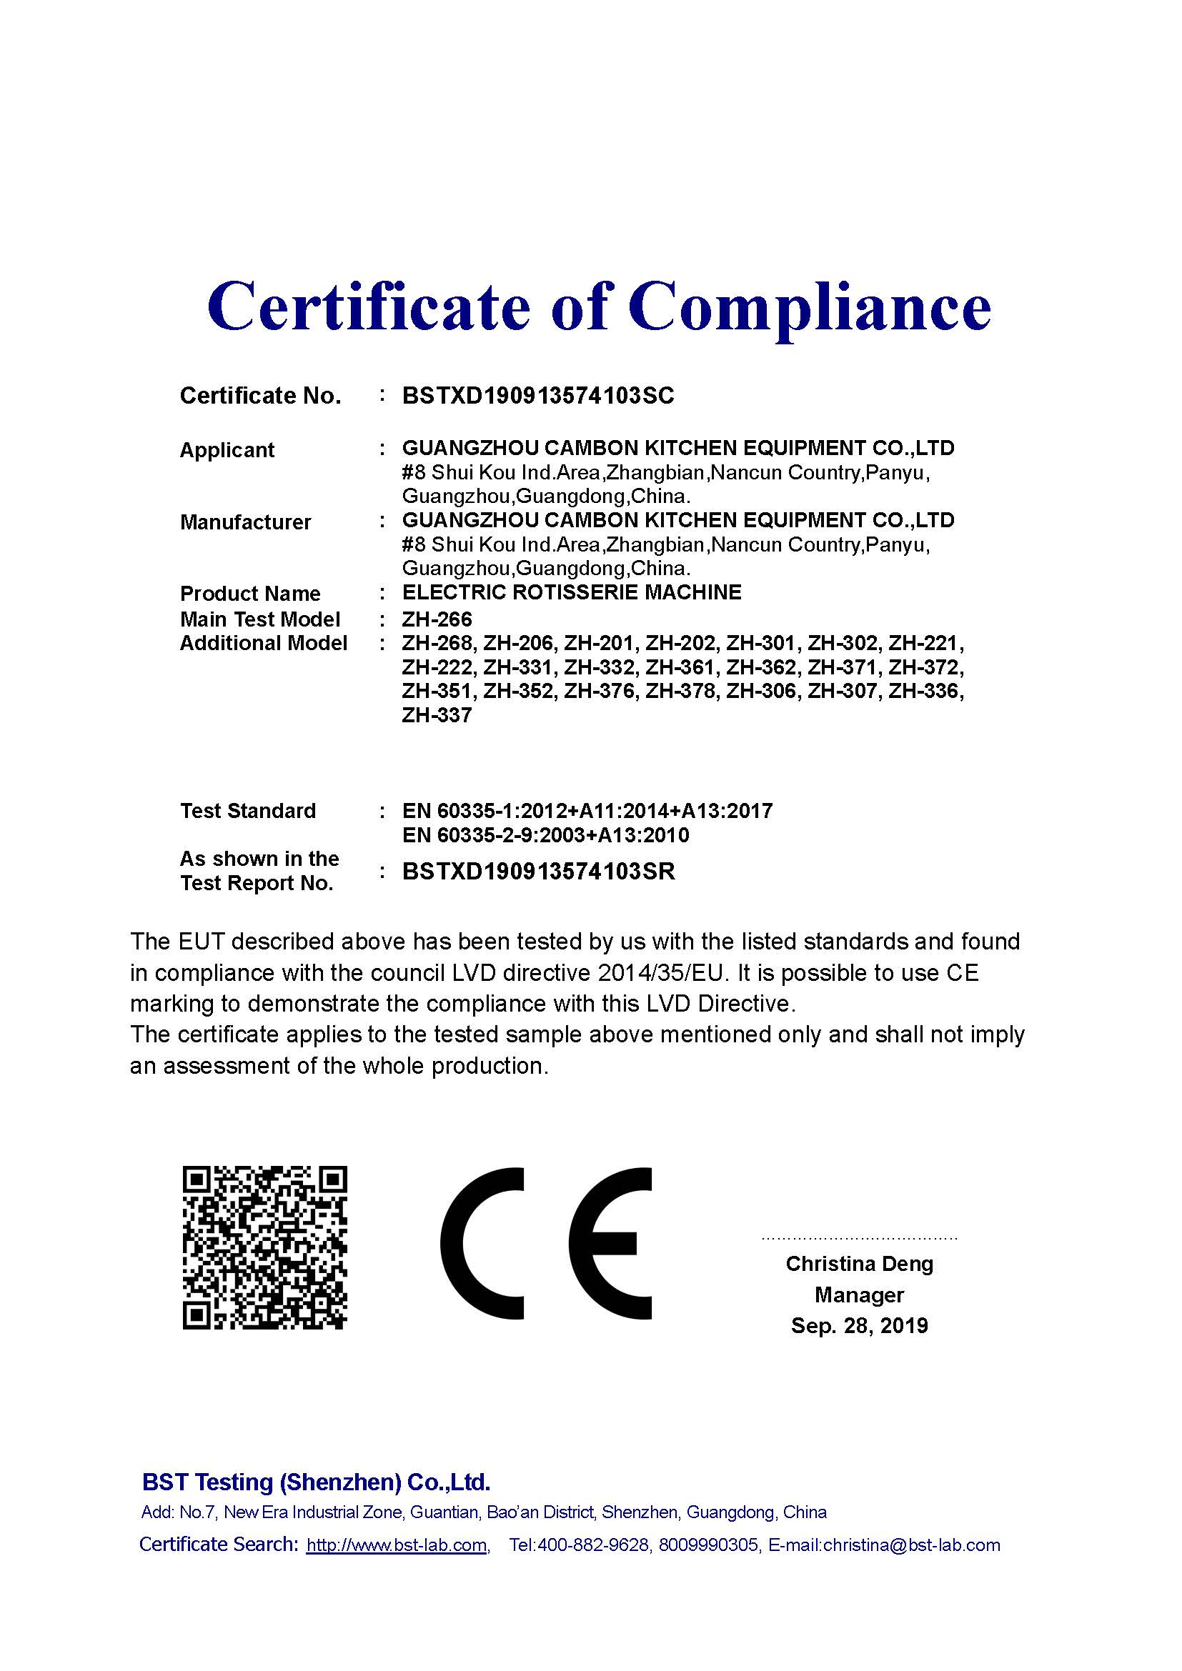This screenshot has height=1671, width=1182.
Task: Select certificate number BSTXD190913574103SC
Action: click(538, 396)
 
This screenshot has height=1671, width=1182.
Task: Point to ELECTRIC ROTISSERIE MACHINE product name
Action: click(572, 592)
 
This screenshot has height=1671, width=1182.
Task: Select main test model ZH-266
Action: click(437, 619)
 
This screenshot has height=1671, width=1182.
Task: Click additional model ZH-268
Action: click(439, 644)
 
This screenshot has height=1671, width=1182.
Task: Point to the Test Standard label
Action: click(247, 811)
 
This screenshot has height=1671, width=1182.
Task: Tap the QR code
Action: click(264, 1247)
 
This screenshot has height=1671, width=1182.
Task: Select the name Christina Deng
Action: click(859, 1264)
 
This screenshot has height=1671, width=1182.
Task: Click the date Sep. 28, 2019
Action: click(859, 1325)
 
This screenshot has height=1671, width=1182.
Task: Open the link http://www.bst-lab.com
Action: click(396, 1545)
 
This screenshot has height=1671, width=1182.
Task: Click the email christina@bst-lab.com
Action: click(911, 1545)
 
